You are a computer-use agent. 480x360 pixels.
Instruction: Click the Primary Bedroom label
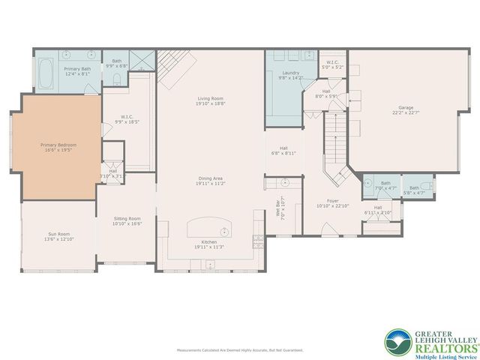pos(58,145)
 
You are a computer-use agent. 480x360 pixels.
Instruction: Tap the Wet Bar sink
pos(286,182)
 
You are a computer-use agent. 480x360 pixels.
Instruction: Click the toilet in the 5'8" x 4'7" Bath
pos(424,184)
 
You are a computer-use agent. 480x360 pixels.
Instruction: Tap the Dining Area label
pos(209,178)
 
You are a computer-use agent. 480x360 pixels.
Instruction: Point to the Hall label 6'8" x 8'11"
pos(283,150)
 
